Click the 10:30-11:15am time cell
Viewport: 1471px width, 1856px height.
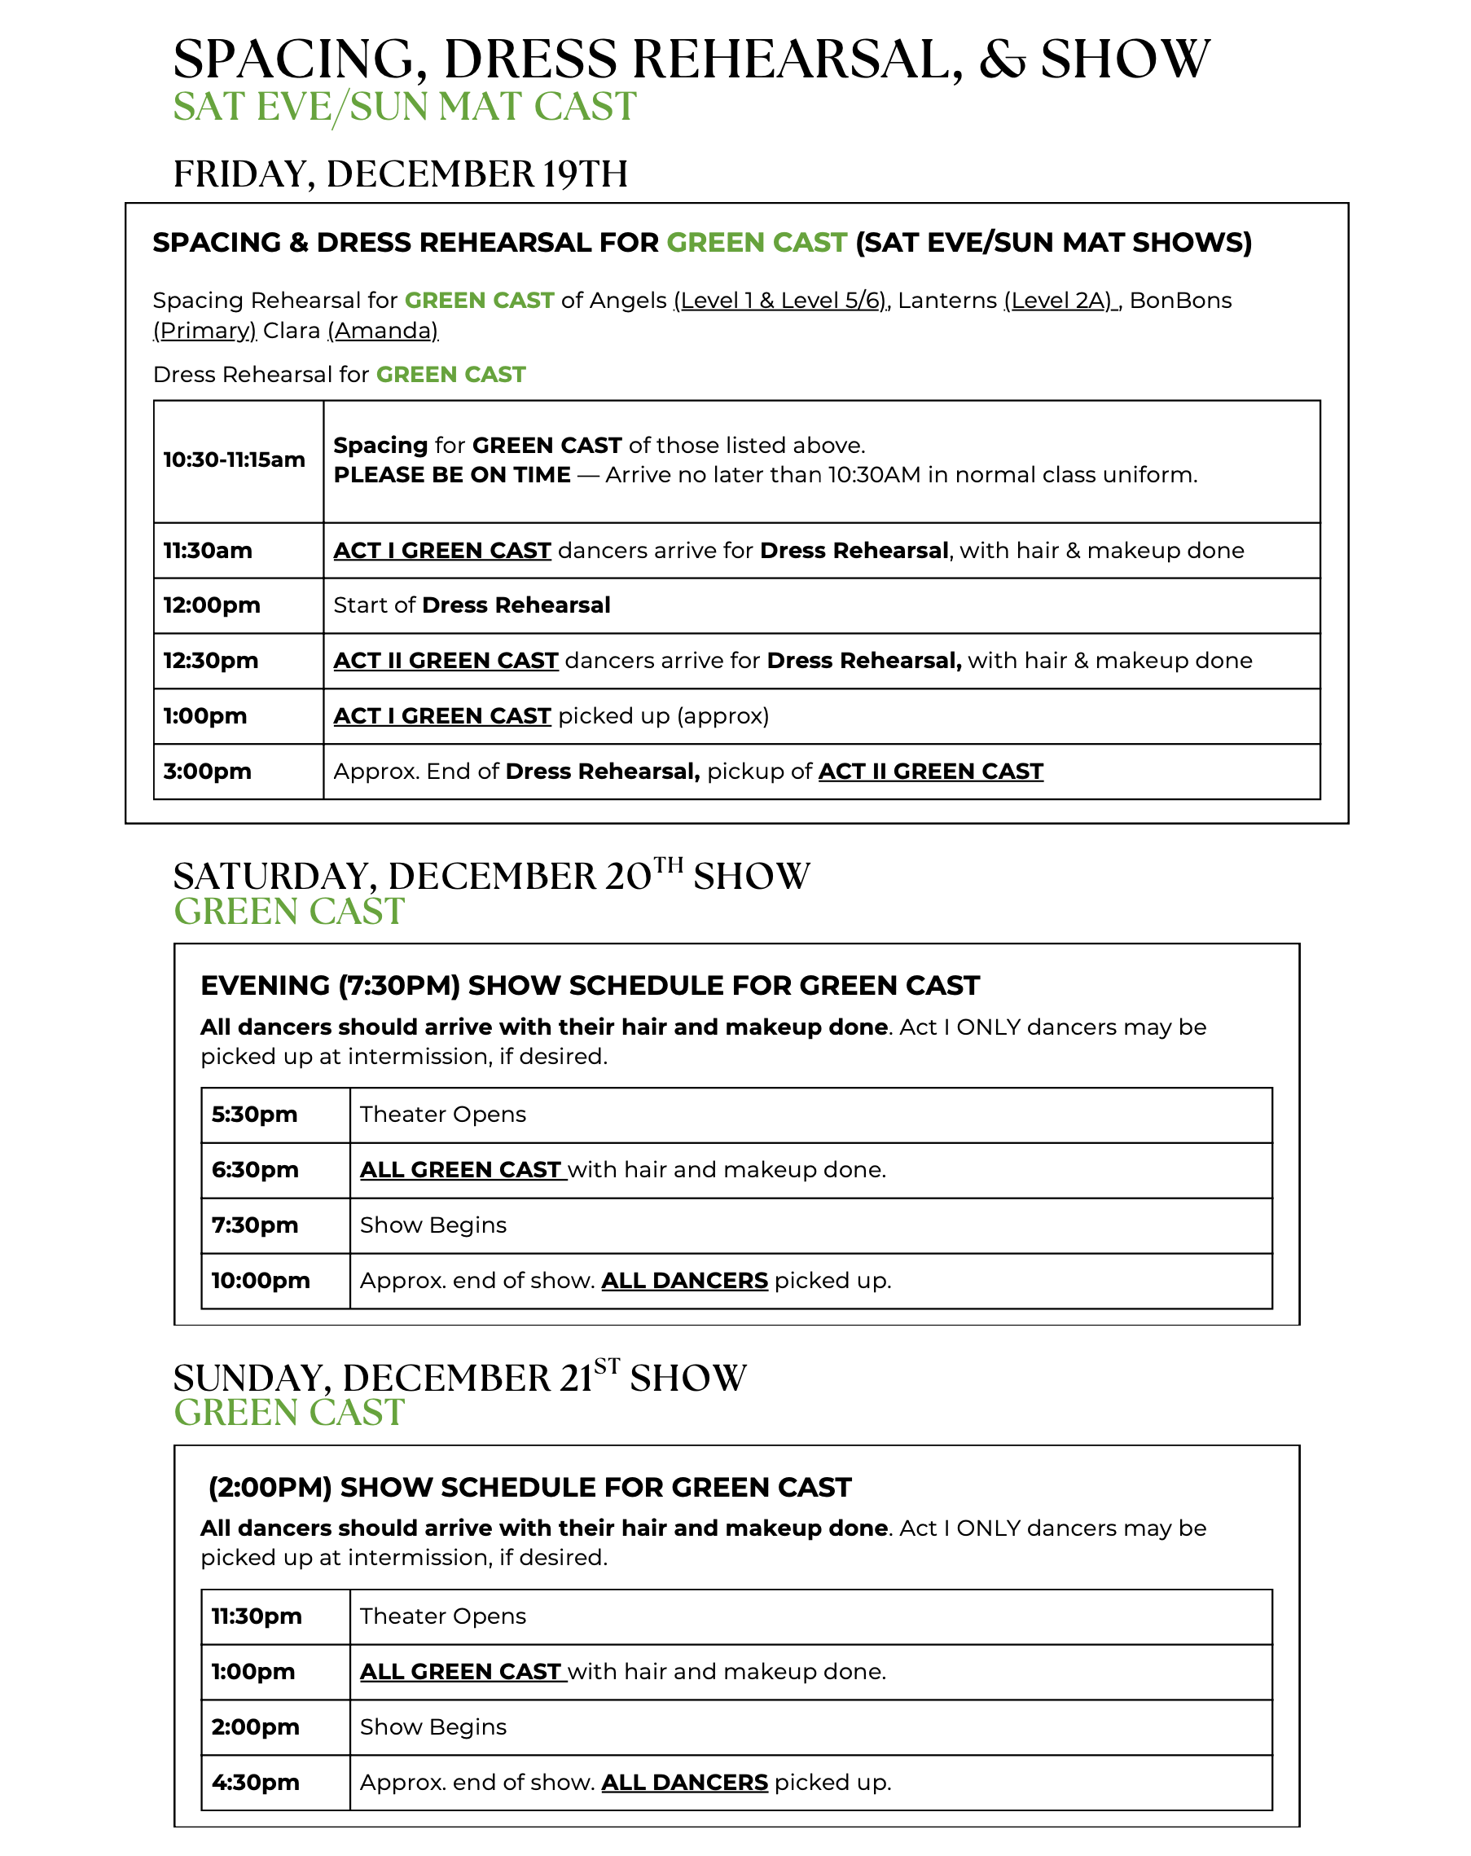[x=234, y=460]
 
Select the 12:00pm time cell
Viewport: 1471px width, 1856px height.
[x=212, y=605]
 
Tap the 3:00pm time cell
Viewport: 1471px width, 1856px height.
[x=208, y=772]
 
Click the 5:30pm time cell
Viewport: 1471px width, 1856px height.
[x=255, y=1114]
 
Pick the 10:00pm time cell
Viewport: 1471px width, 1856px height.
[x=261, y=1280]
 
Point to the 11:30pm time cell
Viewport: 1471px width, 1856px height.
[x=257, y=1616]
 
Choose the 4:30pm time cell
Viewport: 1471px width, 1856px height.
[x=256, y=1782]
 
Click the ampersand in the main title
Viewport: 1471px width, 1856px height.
[x=1002, y=60]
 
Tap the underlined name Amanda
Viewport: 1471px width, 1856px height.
[x=383, y=331]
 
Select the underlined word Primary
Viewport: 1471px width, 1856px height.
[x=205, y=331]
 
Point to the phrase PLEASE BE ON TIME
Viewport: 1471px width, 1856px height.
[x=452, y=475]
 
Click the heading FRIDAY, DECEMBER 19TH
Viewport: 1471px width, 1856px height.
[x=400, y=174]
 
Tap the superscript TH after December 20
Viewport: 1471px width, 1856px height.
[x=669, y=864]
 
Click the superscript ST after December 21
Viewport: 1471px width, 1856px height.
[x=606, y=1366]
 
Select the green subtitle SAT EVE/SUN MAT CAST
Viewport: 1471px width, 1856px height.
[x=405, y=108]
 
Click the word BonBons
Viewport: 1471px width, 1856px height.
[x=1180, y=301]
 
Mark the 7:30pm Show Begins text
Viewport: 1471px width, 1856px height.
[x=433, y=1225]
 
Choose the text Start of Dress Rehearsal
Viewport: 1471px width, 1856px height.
[x=472, y=605]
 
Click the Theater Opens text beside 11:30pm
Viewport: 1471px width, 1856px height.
[x=442, y=1616]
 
